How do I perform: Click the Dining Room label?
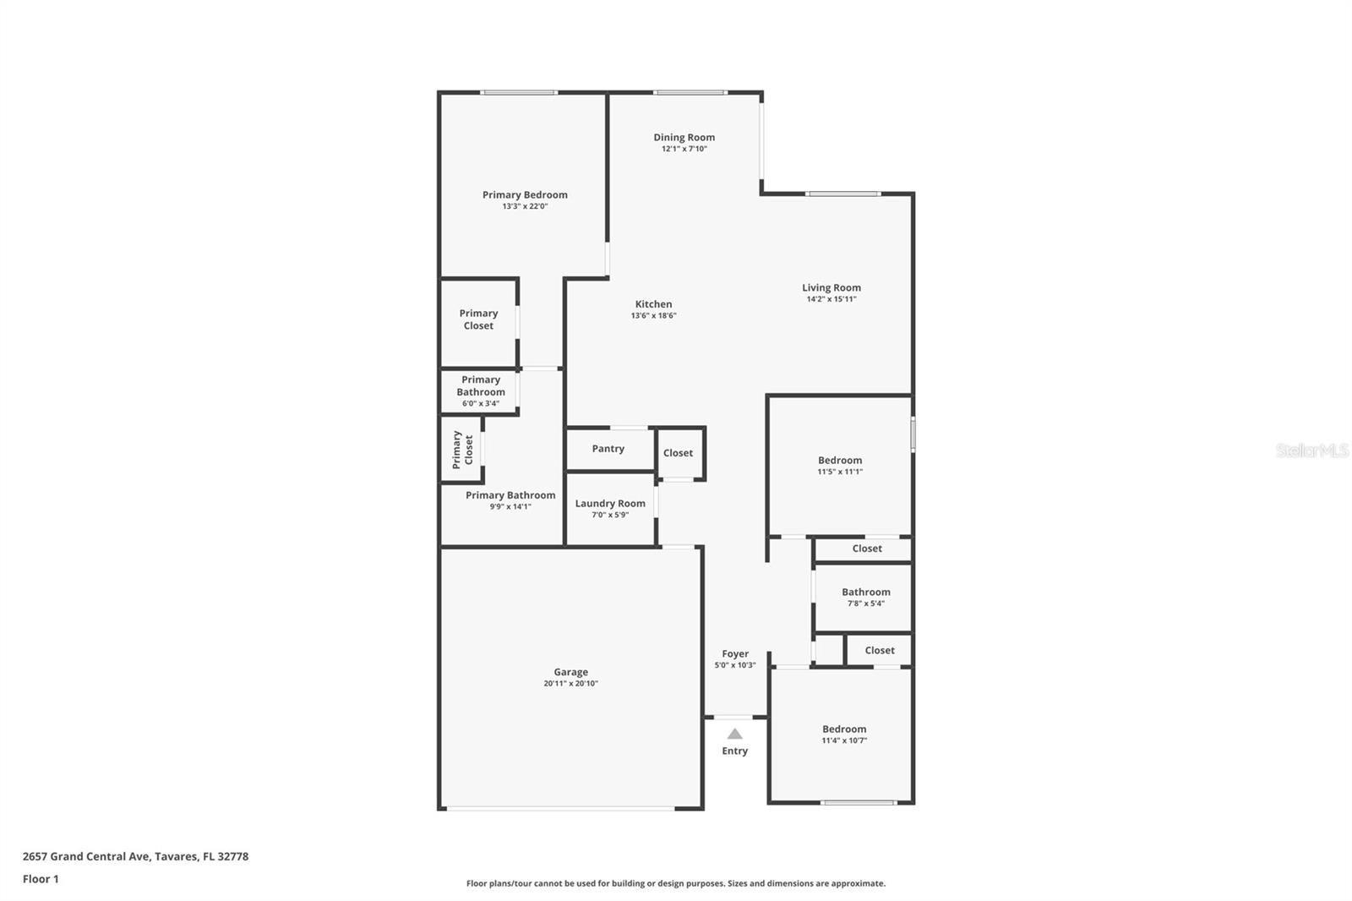(x=684, y=138)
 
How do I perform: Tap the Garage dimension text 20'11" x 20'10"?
(x=570, y=684)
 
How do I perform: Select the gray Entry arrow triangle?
(x=734, y=734)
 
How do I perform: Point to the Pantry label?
(x=608, y=449)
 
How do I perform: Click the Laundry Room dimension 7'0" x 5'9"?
(x=610, y=515)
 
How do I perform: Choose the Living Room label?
(x=831, y=288)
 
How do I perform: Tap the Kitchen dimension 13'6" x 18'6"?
(x=654, y=316)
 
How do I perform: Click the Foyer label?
(x=735, y=654)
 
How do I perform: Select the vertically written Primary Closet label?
(x=462, y=450)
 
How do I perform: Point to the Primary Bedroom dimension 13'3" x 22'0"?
(x=525, y=206)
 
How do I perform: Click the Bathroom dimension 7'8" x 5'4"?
(x=866, y=603)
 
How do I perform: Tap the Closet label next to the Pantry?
(x=678, y=453)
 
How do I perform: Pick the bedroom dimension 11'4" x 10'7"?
(x=844, y=740)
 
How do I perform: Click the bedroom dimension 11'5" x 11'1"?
(x=840, y=472)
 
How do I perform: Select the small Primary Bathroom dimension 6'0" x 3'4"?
(x=481, y=403)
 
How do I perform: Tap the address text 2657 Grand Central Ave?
(x=85, y=856)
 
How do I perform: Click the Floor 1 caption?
(x=41, y=879)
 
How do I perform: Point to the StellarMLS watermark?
(x=1312, y=450)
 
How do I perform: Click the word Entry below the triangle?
(x=734, y=751)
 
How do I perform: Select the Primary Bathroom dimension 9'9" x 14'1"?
(x=510, y=506)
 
